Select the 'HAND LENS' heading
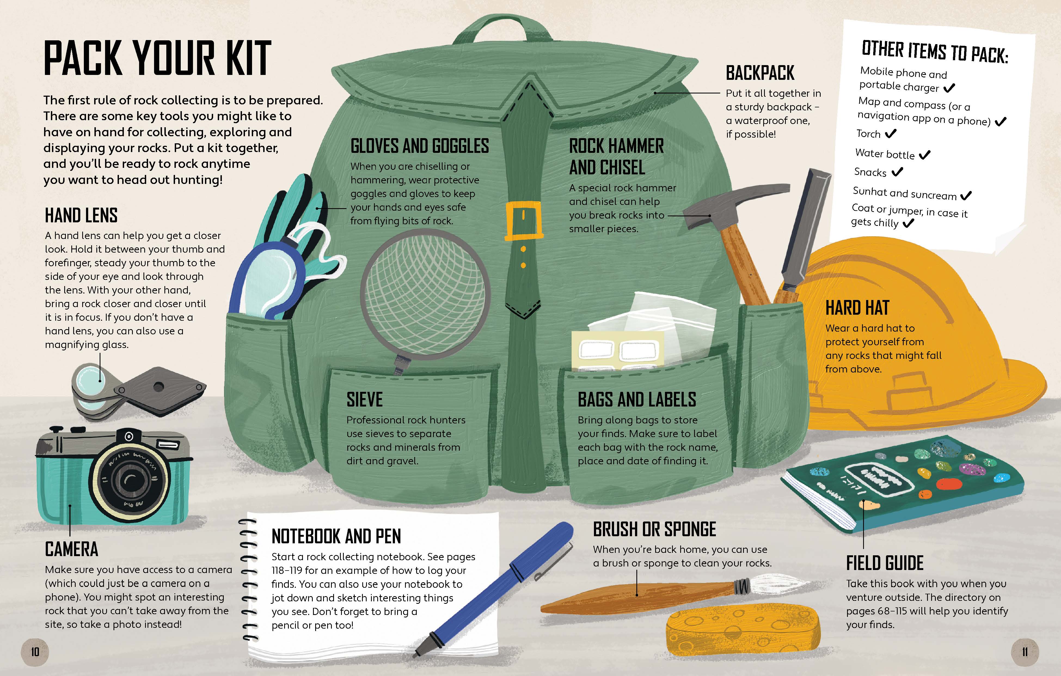click(81, 215)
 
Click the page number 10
click(35, 651)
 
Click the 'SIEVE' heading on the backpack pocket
click(364, 399)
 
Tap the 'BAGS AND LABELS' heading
click(637, 399)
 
